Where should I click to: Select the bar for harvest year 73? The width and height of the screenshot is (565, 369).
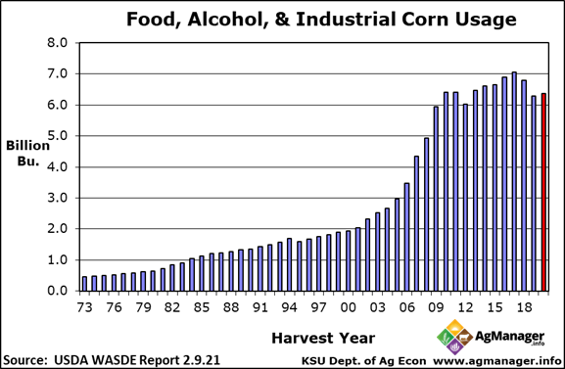[x=84, y=284]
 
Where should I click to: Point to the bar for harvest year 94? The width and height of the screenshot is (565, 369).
[x=289, y=264]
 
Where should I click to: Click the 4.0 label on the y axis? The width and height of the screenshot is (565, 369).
[x=59, y=167]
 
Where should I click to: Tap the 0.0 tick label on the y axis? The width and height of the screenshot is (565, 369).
[x=59, y=292]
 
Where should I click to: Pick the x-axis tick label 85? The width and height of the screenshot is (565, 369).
[x=202, y=306]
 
